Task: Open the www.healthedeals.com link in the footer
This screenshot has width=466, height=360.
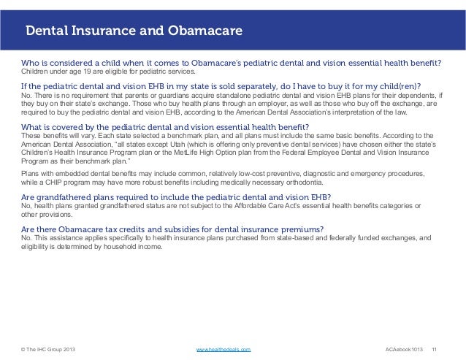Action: [x=224, y=351]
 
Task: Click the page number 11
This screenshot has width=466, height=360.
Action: [x=436, y=351]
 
